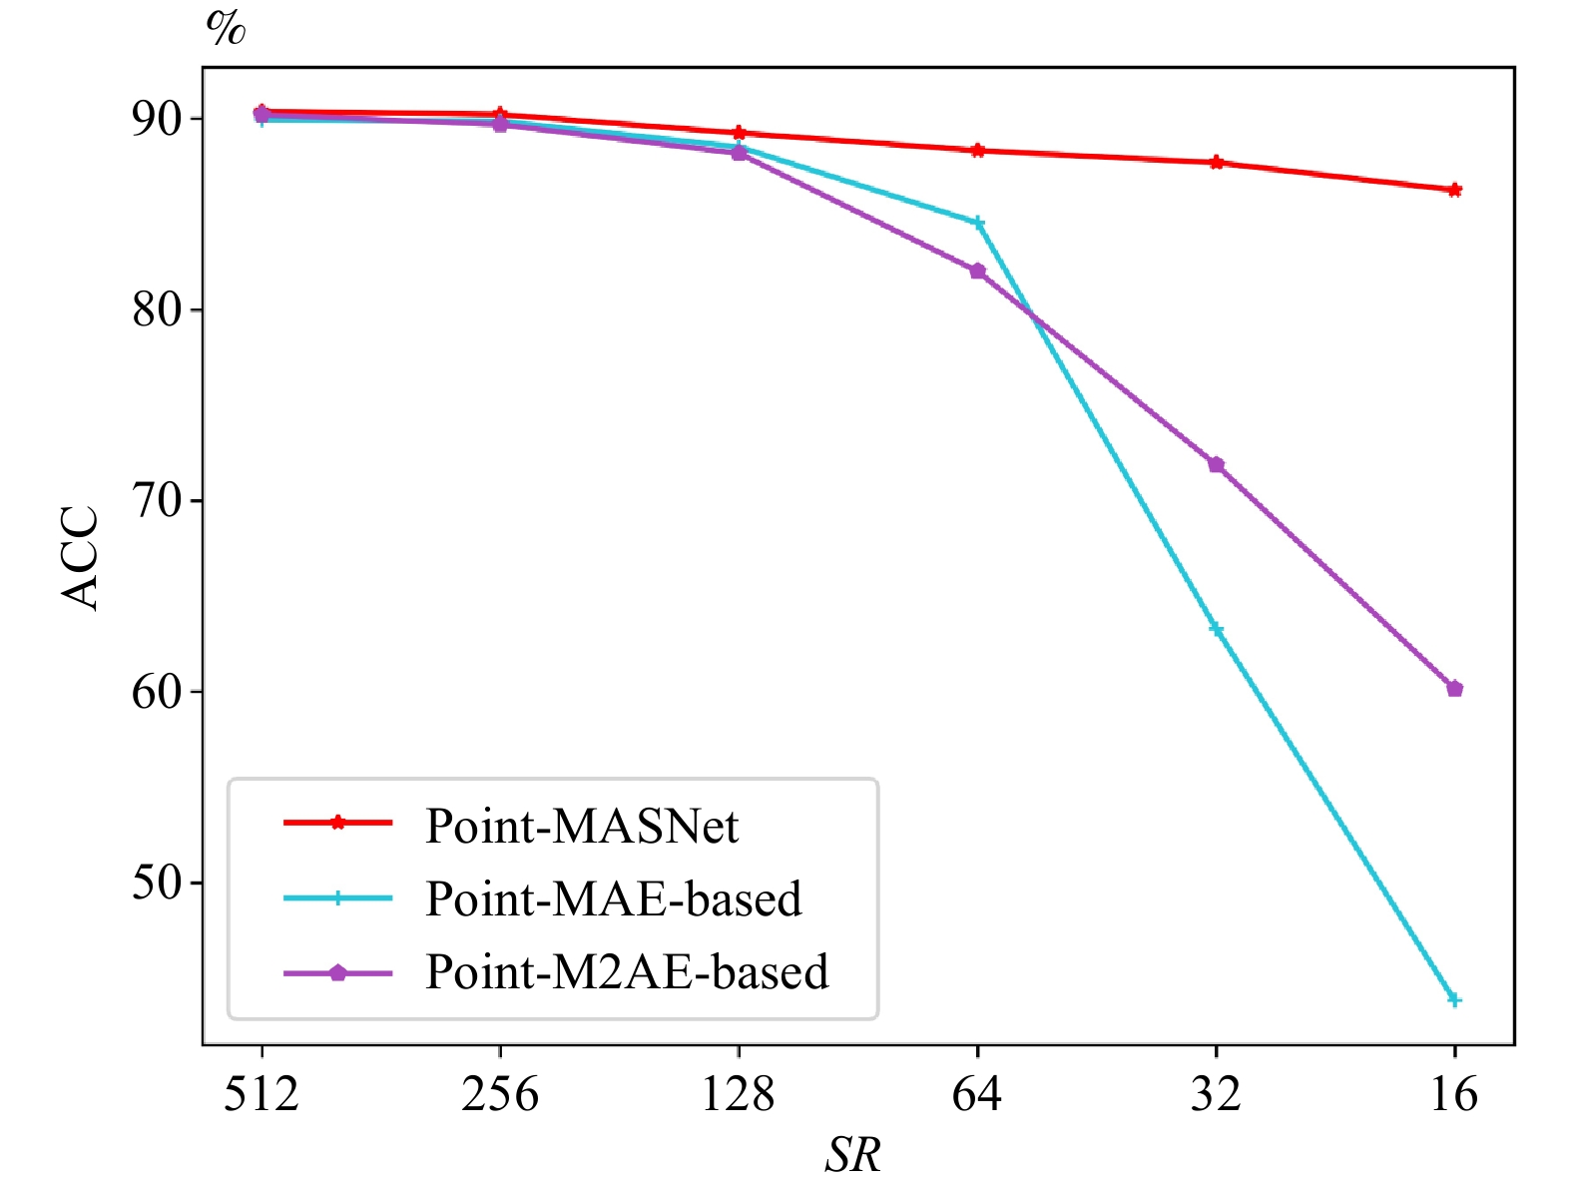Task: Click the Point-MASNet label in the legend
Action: (x=581, y=827)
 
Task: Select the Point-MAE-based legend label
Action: (x=613, y=899)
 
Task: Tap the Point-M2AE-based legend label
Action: (x=627, y=972)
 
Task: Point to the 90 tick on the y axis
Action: (x=158, y=119)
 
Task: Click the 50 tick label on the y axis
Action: (x=158, y=883)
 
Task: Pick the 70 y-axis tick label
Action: (x=158, y=500)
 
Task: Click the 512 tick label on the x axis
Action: (x=262, y=1094)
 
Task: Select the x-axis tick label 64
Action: (x=977, y=1094)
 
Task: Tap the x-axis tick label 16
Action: (x=1454, y=1094)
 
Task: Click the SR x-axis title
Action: (x=853, y=1156)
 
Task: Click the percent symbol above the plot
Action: (x=226, y=28)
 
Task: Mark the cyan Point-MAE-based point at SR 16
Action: (x=1454, y=999)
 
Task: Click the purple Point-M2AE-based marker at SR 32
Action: (x=1216, y=465)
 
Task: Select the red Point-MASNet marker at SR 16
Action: (x=1454, y=190)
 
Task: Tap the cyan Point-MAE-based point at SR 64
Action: (x=978, y=223)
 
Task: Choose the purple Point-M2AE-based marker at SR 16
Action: (x=1454, y=689)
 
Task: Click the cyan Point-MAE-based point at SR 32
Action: (x=1216, y=629)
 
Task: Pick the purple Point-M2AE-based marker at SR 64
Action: (x=977, y=272)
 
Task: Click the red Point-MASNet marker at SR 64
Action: (x=977, y=151)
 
